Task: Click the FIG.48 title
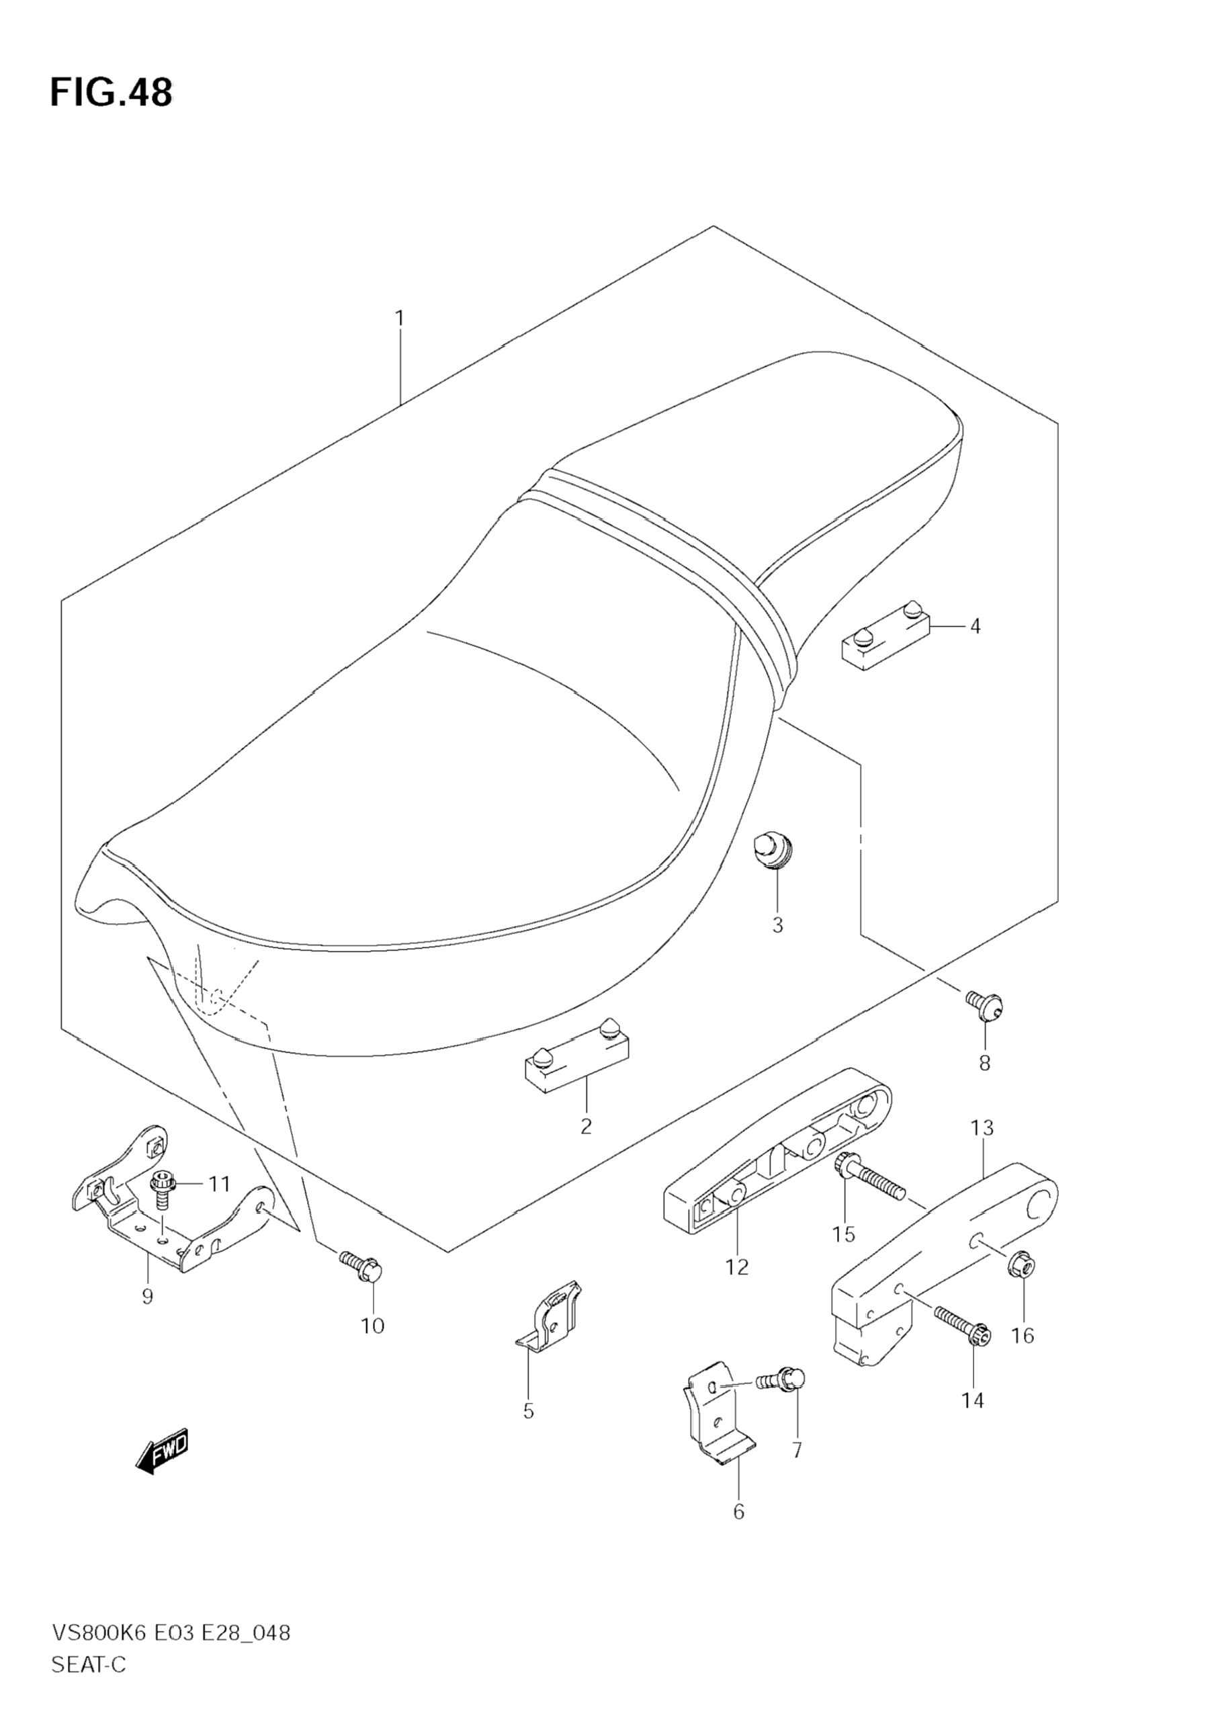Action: [x=111, y=92]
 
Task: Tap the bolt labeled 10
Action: [x=362, y=1265]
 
